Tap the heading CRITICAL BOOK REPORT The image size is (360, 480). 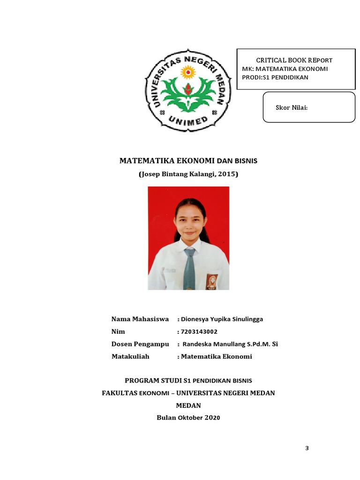(x=294, y=60)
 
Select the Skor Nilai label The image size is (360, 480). (x=291, y=108)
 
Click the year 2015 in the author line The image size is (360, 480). (x=227, y=174)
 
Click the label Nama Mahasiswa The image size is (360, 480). (x=140, y=319)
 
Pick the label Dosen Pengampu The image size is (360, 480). (x=140, y=344)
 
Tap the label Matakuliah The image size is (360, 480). (x=130, y=356)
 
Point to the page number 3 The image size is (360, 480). (x=307, y=448)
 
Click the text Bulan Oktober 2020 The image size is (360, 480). (x=188, y=417)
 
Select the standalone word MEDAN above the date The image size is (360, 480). (x=188, y=405)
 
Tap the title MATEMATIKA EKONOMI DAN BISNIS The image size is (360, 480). (x=188, y=161)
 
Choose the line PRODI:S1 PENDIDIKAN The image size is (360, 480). (x=275, y=77)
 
